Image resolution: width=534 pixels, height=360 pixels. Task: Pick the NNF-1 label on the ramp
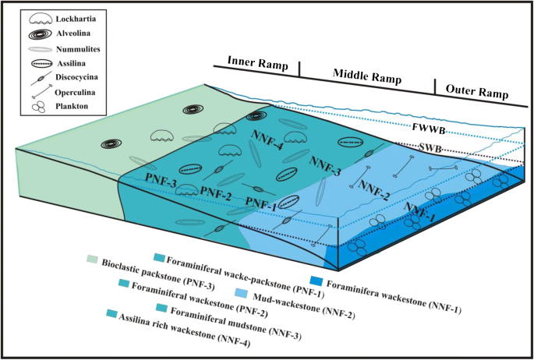(x=420, y=214)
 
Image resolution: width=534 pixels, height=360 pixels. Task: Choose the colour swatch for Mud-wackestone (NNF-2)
(x=242, y=292)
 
